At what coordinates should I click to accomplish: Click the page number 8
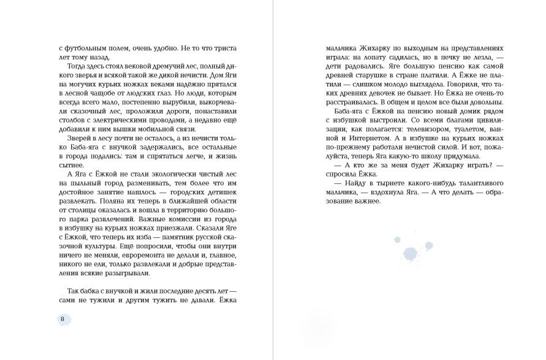point(62,320)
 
